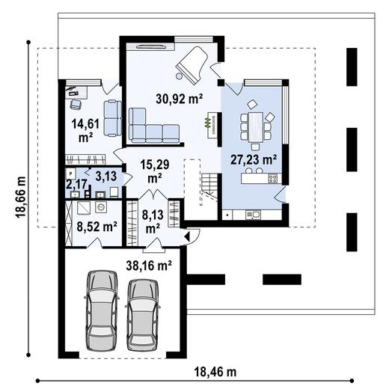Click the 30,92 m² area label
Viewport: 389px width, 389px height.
tap(179, 99)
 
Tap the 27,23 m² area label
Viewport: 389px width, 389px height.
tap(254, 159)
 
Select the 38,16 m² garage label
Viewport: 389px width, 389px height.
tap(149, 266)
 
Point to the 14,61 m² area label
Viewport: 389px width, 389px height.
tap(85, 131)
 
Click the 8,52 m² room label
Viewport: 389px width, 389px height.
tap(97, 227)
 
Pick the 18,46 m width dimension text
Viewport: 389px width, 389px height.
tap(215, 373)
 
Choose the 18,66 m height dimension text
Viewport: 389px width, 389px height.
tap(21, 197)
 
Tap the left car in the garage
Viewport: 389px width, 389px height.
tap(102, 310)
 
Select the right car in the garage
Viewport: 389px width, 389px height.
tap(143, 315)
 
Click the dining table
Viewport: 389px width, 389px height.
tap(256, 127)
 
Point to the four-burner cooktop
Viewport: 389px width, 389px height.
tap(272, 178)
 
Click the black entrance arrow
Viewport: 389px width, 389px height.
tap(188, 236)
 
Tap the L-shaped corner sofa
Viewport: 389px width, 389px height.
tap(154, 126)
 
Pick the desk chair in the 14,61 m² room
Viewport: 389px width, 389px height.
tap(76, 104)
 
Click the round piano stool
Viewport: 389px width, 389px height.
tap(179, 76)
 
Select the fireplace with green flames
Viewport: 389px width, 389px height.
tap(211, 123)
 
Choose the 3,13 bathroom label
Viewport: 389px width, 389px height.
tap(106, 177)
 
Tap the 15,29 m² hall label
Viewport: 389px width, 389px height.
tap(155, 171)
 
